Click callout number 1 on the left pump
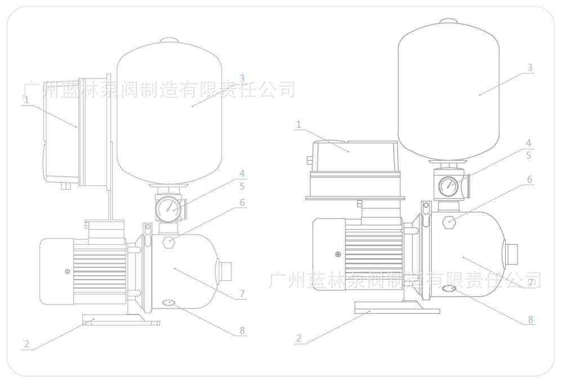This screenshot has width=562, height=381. [x=26, y=100]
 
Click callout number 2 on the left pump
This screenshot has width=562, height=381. [x=26, y=343]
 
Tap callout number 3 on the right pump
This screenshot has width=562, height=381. [x=529, y=68]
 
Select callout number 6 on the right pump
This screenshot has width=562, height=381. [x=529, y=179]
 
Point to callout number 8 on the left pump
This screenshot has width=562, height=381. [x=242, y=330]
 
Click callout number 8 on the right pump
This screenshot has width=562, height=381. [x=530, y=319]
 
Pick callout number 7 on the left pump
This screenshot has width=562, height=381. [x=242, y=293]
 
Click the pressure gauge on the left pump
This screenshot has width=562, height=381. [x=167, y=209]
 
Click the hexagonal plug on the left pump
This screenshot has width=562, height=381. [x=168, y=243]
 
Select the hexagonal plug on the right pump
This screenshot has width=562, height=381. [x=449, y=221]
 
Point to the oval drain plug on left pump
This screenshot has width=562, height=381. [x=169, y=303]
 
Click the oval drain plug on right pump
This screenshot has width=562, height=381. [x=449, y=289]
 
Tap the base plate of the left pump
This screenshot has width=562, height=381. [x=121, y=322]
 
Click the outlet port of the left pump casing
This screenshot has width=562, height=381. [x=225, y=271]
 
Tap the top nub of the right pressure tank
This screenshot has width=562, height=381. [x=449, y=21]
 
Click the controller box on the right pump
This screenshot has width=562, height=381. [x=356, y=161]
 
